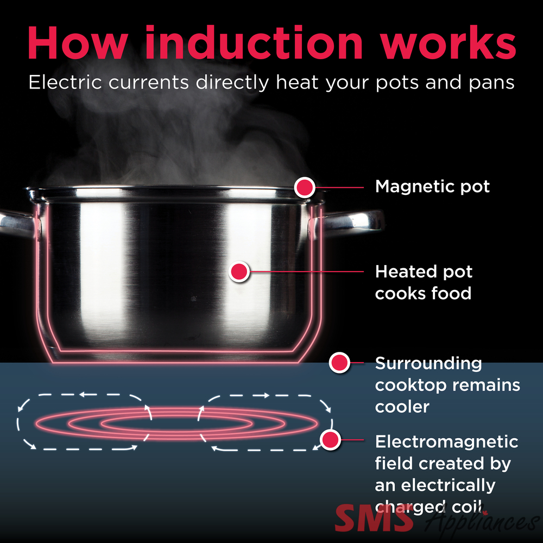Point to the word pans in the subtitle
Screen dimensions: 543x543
pos(491,83)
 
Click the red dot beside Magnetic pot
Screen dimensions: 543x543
pos(305,187)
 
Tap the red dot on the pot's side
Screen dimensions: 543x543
pos(239,271)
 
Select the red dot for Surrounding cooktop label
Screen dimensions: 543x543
pos(339,363)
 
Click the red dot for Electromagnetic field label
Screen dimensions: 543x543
pos(330,440)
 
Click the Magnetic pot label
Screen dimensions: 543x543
pos(432,187)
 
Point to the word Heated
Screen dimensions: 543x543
pos(402,271)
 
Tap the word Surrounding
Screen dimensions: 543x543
pos(428,364)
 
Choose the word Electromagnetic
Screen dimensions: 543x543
pos(447,441)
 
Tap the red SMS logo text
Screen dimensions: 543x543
pos(374,518)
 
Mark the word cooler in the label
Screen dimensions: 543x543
pos(402,407)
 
